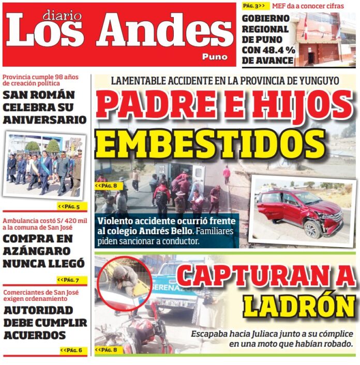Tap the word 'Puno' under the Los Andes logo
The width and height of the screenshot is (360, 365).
pos(214,56)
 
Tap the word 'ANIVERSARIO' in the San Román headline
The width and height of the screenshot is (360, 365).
pos(44,119)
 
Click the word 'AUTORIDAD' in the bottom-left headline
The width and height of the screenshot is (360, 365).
pos(38,310)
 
